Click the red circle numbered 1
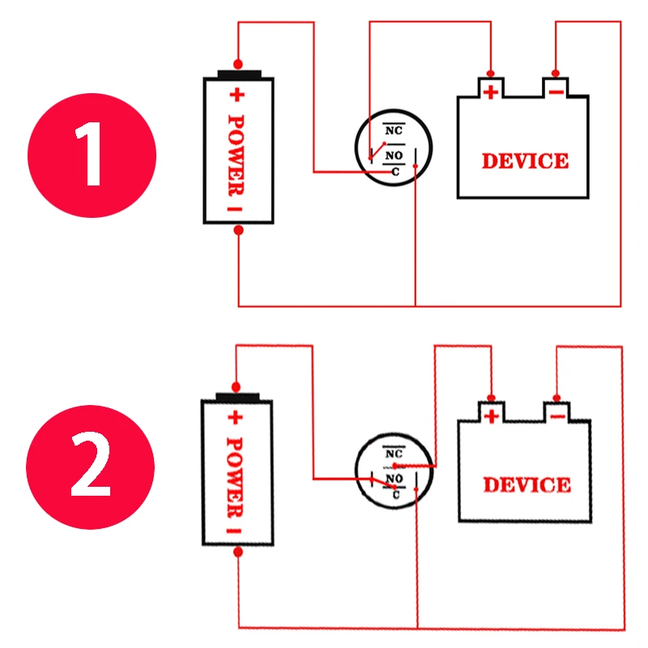(92, 156)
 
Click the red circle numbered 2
(91, 467)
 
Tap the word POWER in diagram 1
(237, 155)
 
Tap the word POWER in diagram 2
(235, 478)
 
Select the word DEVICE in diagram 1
(525, 160)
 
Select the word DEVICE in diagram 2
(527, 484)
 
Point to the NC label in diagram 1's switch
(394, 130)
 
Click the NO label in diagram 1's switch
(394, 156)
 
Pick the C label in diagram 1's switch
(395, 172)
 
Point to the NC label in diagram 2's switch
(394, 454)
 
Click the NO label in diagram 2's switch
(394, 479)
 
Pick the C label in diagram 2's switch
(396, 495)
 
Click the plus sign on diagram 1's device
(491, 92)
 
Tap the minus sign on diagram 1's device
(556, 92)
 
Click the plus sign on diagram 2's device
(492, 416)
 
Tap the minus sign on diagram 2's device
(557, 416)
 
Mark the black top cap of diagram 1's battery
(239, 75)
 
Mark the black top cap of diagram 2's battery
(237, 397)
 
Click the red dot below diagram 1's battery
(238, 230)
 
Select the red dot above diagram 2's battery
(236, 387)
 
